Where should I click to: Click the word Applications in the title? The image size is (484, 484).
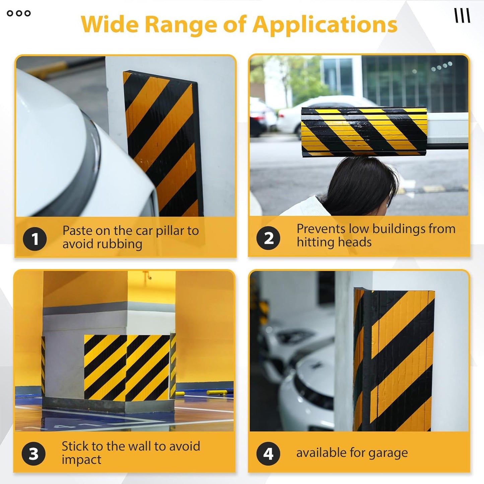(325, 25)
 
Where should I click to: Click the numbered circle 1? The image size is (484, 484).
(35, 239)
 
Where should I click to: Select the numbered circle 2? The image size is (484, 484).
(268, 238)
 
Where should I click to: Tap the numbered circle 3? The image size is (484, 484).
(33, 454)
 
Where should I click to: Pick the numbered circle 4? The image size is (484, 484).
(268, 454)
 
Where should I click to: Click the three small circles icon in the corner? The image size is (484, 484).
(19, 13)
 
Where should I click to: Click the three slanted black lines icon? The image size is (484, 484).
(462, 15)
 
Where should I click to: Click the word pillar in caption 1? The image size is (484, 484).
(170, 231)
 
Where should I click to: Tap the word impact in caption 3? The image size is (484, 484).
(81, 460)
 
